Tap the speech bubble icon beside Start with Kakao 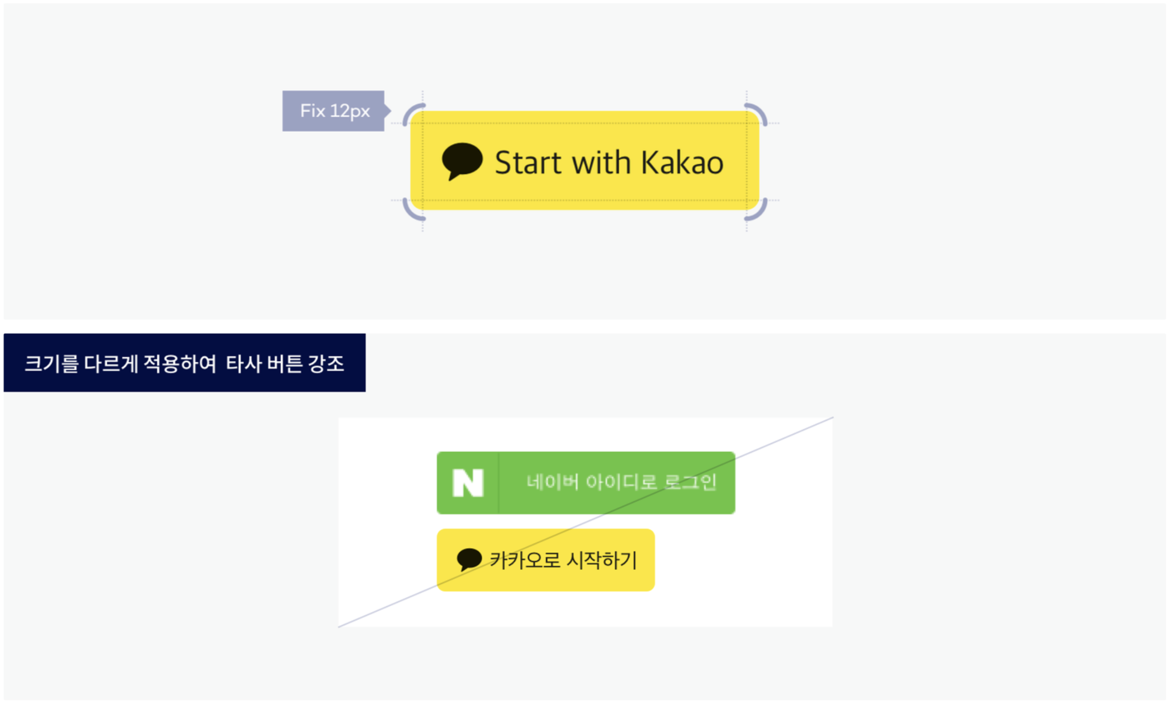[x=462, y=161]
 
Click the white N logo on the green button [x=467, y=483]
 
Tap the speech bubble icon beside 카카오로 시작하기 [x=469, y=559]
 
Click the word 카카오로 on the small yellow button [x=524, y=560]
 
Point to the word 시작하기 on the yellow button [x=603, y=560]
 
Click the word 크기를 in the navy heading [x=51, y=364]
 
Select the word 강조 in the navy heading [x=326, y=364]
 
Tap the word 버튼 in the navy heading [x=285, y=364]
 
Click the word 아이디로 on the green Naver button [x=622, y=482]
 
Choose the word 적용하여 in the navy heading [x=180, y=364]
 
